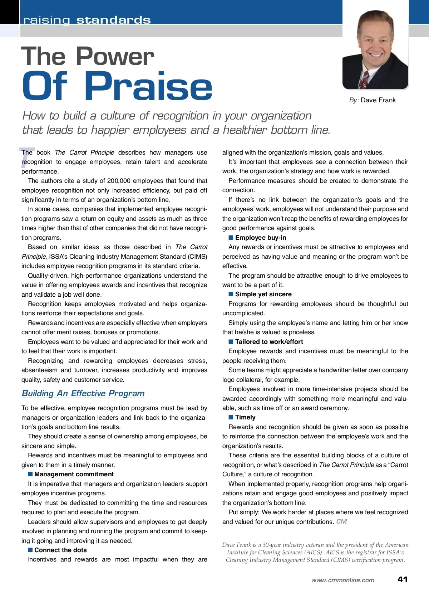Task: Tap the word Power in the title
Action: click(x=115, y=57)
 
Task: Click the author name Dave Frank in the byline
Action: click(x=378, y=100)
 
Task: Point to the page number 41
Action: click(x=403, y=579)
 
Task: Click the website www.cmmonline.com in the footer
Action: click(x=343, y=580)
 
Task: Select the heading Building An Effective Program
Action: click(x=83, y=393)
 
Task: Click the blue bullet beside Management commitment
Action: click(x=30, y=474)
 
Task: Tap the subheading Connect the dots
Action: click(x=60, y=550)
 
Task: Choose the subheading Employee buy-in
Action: click(x=261, y=238)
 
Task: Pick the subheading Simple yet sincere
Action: click(x=263, y=294)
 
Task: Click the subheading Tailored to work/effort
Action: click(x=269, y=342)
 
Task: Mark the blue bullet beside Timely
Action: click(x=231, y=417)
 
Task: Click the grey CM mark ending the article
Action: click(x=341, y=521)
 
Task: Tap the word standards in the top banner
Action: click(x=113, y=20)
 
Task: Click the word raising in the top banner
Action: click(x=47, y=20)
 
